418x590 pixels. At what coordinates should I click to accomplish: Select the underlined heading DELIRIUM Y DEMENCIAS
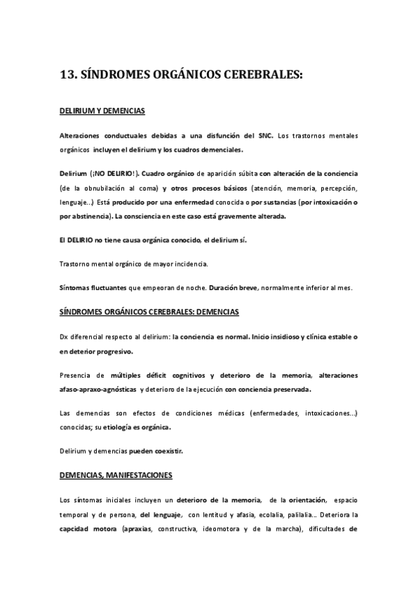pos(102,111)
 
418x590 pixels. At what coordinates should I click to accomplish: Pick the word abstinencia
pos(88,216)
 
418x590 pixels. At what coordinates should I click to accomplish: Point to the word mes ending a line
pos(346,287)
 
